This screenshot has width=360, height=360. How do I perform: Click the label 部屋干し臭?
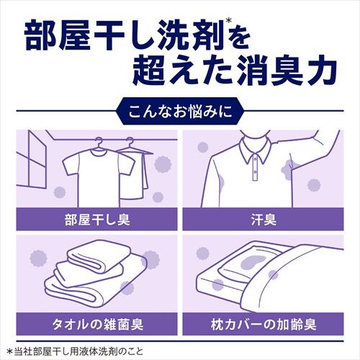coord(93,217)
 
